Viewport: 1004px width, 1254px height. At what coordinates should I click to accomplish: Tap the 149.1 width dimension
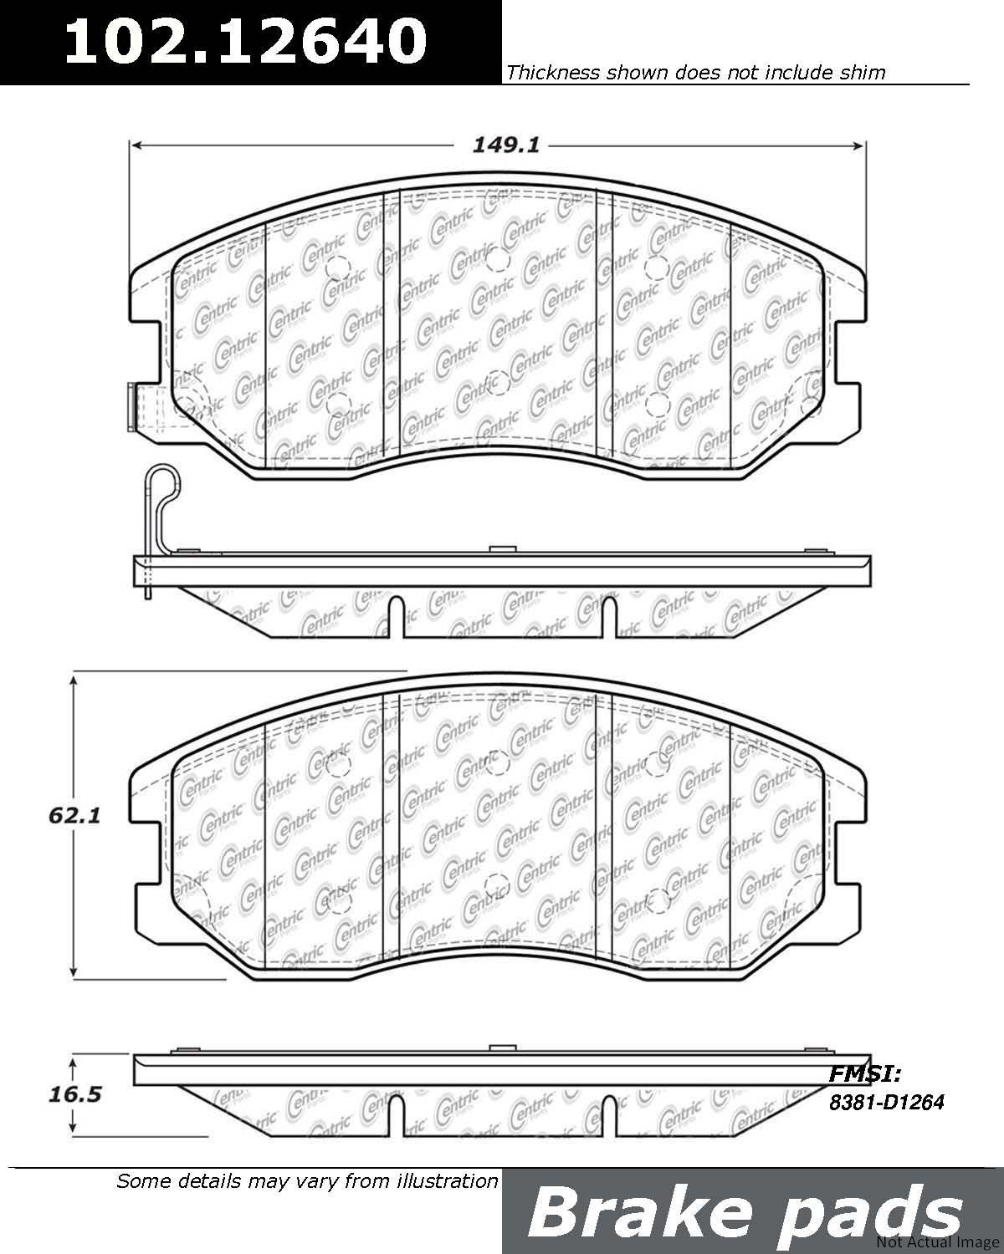pos(506,145)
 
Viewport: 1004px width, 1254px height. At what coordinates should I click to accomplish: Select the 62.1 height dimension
pos(74,815)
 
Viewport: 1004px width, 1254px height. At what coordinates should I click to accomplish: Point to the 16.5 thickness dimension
pos(74,1094)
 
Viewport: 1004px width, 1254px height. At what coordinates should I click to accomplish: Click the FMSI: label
pos(865,1073)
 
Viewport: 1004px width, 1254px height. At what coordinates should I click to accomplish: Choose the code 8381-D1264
pos(886,1102)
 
